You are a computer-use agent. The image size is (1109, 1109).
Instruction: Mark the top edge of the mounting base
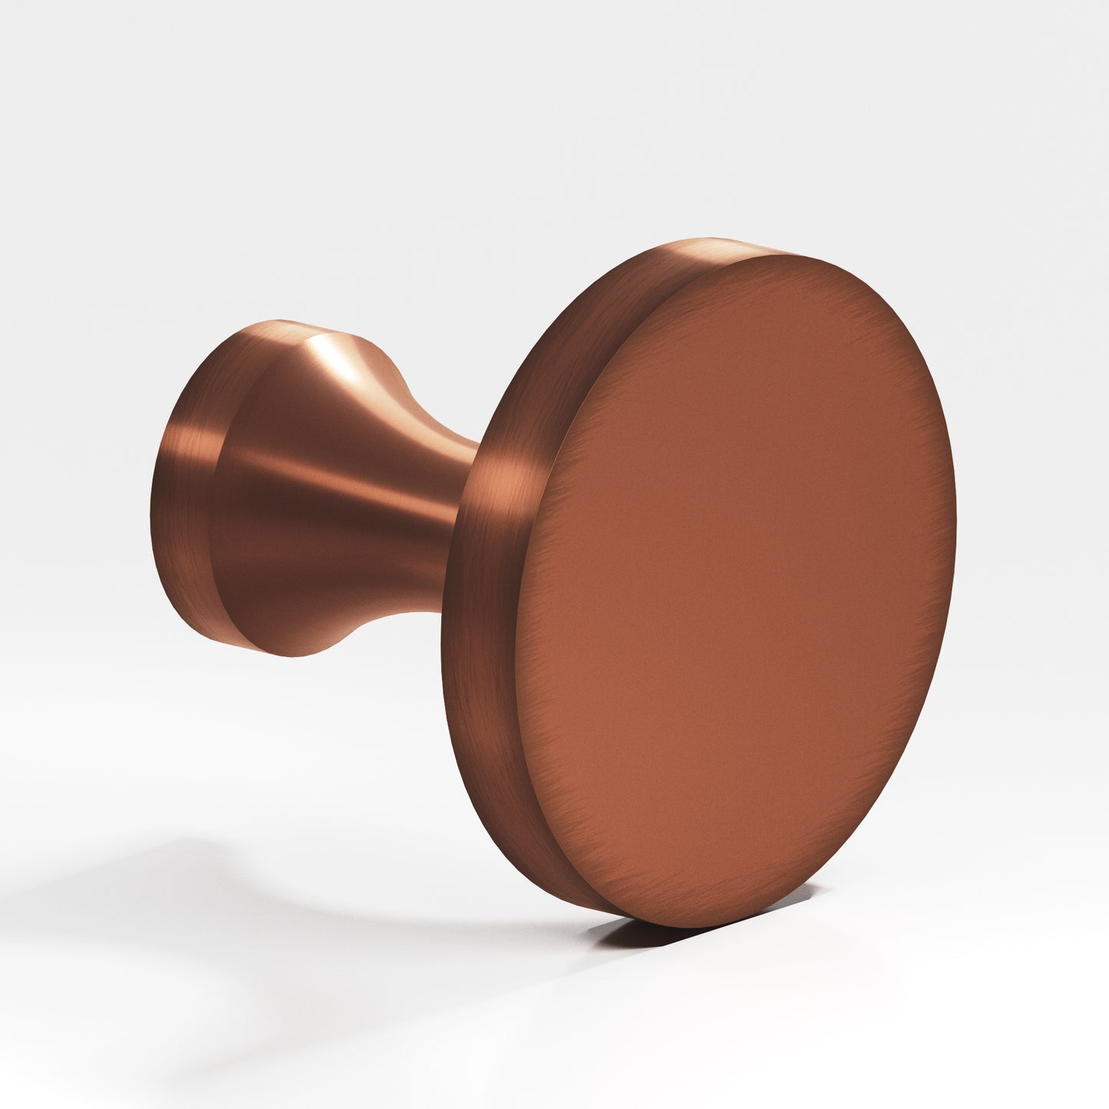(x=276, y=319)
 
